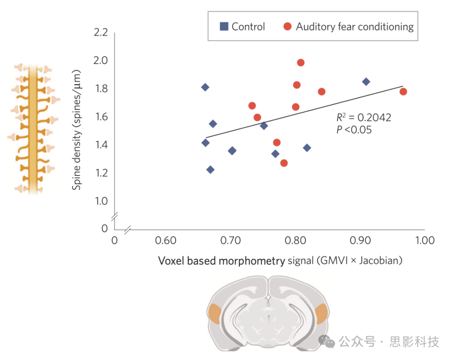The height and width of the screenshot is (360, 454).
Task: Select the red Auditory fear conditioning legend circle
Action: pyautogui.click(x=288, y=26)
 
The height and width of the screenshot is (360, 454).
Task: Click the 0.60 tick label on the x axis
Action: pyautogui.click(x=165, y=241)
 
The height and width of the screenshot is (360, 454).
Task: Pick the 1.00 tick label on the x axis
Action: pyautogui.click(x=425, y=241)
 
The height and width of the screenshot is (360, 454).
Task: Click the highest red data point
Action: pyautogui.click(x=301, y=63)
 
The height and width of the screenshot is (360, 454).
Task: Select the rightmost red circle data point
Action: pyautogui.click(x=403, y=92)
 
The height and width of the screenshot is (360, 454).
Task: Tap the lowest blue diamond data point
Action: pyautogui.click(x=210, y=169)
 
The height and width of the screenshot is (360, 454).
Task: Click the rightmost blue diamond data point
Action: pyautogui.click(x=366, y=82)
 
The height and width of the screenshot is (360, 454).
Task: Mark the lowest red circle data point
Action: pyautogui.click(x=284, y=163)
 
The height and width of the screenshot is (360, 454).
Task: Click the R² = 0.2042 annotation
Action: pyautogui.click(x=363, y=118)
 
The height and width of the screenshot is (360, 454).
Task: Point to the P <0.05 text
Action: pyautogui.click(x=354, y=130)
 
